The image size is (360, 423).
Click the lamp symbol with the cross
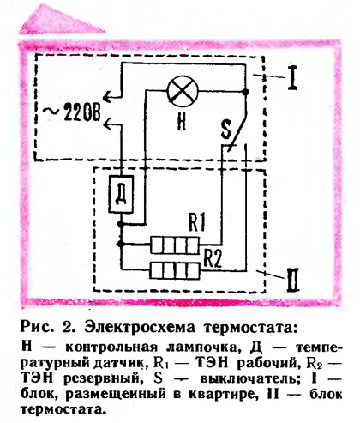[x=183, y=91]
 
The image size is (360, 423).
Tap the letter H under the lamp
[x=182, y=121]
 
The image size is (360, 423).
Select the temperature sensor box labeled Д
[x=121, y=194]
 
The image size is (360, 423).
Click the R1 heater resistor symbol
[x=175, y=245]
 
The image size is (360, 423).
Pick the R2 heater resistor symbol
[x=175, y=270]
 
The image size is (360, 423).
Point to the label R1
[x=196, y=222]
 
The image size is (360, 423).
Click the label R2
[x=213, y=258]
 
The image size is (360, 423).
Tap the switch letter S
[x=225, y=130]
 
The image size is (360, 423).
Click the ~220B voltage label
[x=72, y=112]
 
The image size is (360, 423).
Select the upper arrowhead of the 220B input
[x=107, y=97]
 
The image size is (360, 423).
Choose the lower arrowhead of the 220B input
[x=107, y=124]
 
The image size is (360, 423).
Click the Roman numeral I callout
[x=292, y=78]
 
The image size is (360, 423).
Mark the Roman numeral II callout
[x=293, y=280]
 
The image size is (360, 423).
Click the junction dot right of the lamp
[x=245, y=92]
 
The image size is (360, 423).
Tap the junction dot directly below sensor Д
[x=121, y=224]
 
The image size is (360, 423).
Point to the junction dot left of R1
[x=121, y=244]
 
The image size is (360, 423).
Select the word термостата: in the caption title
[x=249, y=328]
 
